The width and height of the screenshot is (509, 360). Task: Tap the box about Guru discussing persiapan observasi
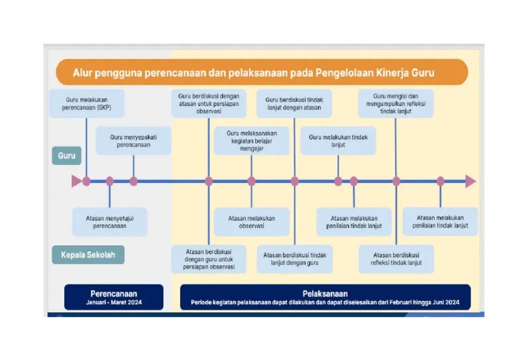208,103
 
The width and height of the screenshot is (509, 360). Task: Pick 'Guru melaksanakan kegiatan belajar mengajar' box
251,141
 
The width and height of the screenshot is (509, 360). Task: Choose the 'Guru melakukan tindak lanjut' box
338,141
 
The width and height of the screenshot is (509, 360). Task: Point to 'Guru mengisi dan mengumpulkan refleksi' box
396,103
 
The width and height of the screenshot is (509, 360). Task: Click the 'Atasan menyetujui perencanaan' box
109,221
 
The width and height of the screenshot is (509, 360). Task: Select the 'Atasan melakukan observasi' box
251,221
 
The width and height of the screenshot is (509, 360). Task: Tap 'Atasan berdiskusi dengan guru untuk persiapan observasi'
209,259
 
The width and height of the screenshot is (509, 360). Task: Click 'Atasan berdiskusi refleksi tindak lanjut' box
396,259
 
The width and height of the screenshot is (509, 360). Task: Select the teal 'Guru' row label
66,156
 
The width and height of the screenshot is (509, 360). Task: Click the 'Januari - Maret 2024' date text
114,302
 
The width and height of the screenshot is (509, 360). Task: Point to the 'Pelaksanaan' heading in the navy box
325,293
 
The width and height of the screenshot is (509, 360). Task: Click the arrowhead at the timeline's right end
470,181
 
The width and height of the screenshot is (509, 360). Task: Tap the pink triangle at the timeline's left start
76,181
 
